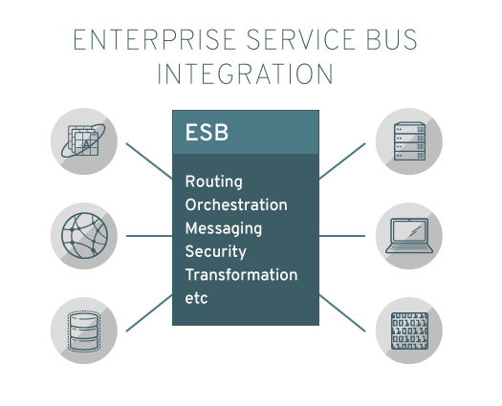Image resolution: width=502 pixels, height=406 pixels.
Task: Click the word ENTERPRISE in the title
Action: pyautogui.click(x=155, y=40)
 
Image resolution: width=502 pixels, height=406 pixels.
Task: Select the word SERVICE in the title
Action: pyautogui.click(x=300, y=40)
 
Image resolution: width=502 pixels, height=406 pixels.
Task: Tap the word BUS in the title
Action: pyautogui.click(x=391, y=40)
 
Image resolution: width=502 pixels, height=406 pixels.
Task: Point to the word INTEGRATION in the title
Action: pyautogui.click(x=245, y=74)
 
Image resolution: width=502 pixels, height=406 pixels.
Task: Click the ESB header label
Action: pyautogui.click(x=207, y=133)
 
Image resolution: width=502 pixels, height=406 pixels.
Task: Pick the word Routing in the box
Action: pyautogui.click(x=214, y=182)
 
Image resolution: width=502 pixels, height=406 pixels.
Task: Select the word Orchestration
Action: pyautogui.click(x=236, y=204)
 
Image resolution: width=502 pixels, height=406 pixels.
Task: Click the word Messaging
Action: pyautogui.click(x=224, y=228)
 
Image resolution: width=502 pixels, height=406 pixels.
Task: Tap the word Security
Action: pyautogui.click(x=216, y=252)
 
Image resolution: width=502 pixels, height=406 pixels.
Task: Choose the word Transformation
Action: pyautogui.click(x=241, y=275)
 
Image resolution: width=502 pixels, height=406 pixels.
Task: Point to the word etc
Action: pyautogui.click(x=196, y=298)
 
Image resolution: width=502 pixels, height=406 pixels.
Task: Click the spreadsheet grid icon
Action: pyautogui.click(x=83, y=140)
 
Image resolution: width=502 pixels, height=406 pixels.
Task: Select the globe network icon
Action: pyautogui.click(x=84, y=236)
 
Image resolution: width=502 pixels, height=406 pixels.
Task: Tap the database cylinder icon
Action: pyautogui.click(x=84, y=331)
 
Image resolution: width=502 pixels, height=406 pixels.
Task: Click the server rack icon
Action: pyautogui.click(x=409, y=141)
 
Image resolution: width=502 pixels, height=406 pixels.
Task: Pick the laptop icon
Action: pyautogui.click(x=409, y=236)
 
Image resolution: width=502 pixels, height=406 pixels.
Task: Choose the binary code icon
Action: pyautogui.click(x=409, y=331)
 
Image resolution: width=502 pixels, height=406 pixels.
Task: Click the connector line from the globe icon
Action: pyautogui.click(x=149, y=236)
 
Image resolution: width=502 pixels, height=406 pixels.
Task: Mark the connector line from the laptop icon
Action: pyautogui.click(x=342, y=236)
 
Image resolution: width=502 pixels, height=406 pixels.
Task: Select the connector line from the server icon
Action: pyautogui.click(x=342, y=160)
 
